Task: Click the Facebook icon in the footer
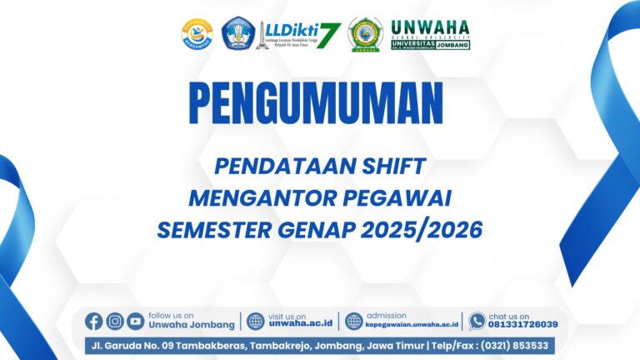[x=94, y=321]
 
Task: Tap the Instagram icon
[x=115, y=321]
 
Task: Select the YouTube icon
[x=135, y=321]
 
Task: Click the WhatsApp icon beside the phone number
[x=477, y=321]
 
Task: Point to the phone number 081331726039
[x=523, y=325]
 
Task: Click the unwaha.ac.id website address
[x=301, y=325]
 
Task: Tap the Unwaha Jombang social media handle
[x=191, y=325]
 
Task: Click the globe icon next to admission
[x=354, y=321]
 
